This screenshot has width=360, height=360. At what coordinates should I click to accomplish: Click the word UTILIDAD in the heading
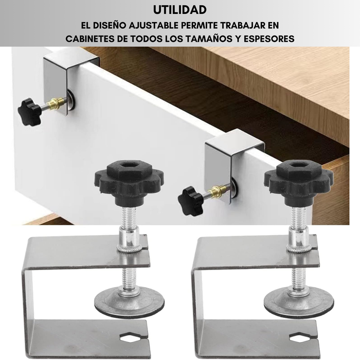click(x=180, y=10)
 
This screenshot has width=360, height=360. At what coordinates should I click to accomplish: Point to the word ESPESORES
click(x=268, y=39)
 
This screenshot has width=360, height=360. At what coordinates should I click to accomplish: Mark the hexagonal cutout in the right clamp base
click(x=300, y=338)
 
